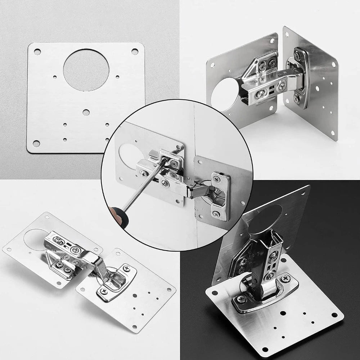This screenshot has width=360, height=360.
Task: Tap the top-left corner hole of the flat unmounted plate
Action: point(36,52)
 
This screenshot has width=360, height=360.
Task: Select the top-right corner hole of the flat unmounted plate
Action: point(134,51)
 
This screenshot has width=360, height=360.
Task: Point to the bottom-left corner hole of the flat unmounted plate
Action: point(36,144)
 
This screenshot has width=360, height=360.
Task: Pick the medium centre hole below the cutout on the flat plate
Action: point(86,113)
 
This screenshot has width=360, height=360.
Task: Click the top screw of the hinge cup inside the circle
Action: point(217,178)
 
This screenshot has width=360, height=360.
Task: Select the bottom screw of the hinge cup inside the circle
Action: point(216,213)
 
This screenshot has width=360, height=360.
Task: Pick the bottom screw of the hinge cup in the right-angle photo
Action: point(296,98)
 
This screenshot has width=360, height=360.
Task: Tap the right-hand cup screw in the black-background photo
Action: point(285,278)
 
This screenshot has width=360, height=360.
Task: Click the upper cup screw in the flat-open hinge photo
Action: point(126,268)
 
